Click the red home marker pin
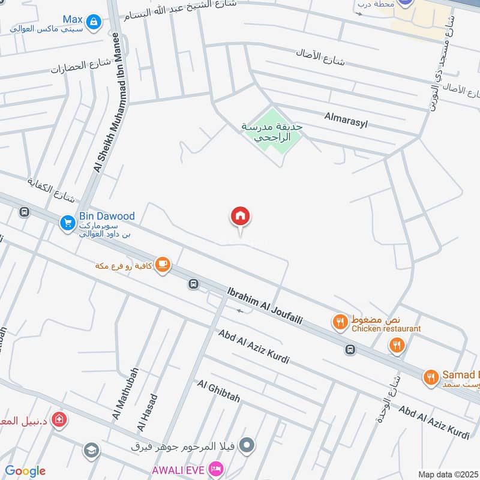pos(241,217)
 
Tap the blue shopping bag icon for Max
pos(93,23)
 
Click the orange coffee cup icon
pos(162,264)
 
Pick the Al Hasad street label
pos(148,412)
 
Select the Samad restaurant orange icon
pos(431,377)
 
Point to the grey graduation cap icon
pos(91,451)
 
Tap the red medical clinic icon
pos(59,419)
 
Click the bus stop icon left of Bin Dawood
pos(25,212)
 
